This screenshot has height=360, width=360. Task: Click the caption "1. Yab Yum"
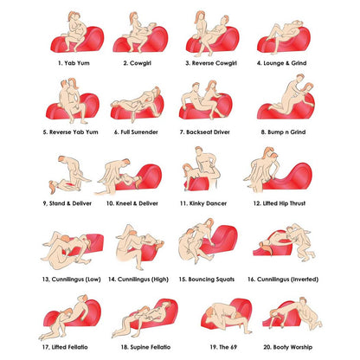point(74,63)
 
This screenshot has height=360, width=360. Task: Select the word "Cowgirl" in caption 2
point(140,63)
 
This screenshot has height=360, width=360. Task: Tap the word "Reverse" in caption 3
point(202,63)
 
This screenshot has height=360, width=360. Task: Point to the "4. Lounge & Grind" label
point(281,63)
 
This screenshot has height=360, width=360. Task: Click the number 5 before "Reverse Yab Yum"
point(45,132)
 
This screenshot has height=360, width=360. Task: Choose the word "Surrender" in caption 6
point(145,132)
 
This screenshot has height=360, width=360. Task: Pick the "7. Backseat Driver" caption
point(205,132)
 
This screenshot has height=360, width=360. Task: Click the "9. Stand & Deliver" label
point(67,203)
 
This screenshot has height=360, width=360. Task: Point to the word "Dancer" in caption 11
point(216,203)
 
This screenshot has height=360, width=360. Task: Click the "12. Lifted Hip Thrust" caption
point(280,203)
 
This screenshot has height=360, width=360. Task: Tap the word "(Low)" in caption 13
point(93,280)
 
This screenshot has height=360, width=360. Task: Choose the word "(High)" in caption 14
point(159,280)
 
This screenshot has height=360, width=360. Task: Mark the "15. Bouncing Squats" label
point(207,280)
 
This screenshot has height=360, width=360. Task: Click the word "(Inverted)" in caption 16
point(304,280)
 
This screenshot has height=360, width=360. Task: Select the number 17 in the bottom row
point(46,347)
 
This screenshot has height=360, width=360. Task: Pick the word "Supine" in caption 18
point(140,347)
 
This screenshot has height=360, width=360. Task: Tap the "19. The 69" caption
point(223,347)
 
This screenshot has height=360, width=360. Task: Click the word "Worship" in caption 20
point(301,347)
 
